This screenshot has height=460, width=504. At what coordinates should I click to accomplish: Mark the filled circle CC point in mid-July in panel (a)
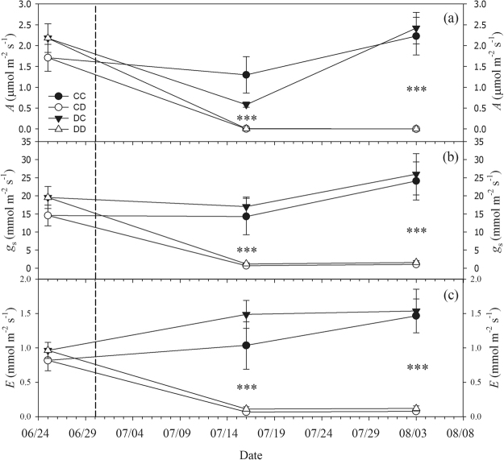click(x=246, y=75)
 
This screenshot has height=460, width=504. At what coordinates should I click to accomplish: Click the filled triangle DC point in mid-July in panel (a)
click(x=246, y=105)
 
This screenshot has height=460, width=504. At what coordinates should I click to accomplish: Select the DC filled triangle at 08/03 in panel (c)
click(x=416, y=311)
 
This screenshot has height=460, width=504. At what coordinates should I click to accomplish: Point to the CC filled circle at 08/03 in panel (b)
click(x=416, y=181)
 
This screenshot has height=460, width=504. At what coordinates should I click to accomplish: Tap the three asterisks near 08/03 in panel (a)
click(x=416, y=89)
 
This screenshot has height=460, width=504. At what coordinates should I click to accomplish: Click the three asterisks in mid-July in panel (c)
click(x=246, y=387)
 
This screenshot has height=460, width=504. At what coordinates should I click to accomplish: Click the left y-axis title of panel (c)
click(x=9, y=347)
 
